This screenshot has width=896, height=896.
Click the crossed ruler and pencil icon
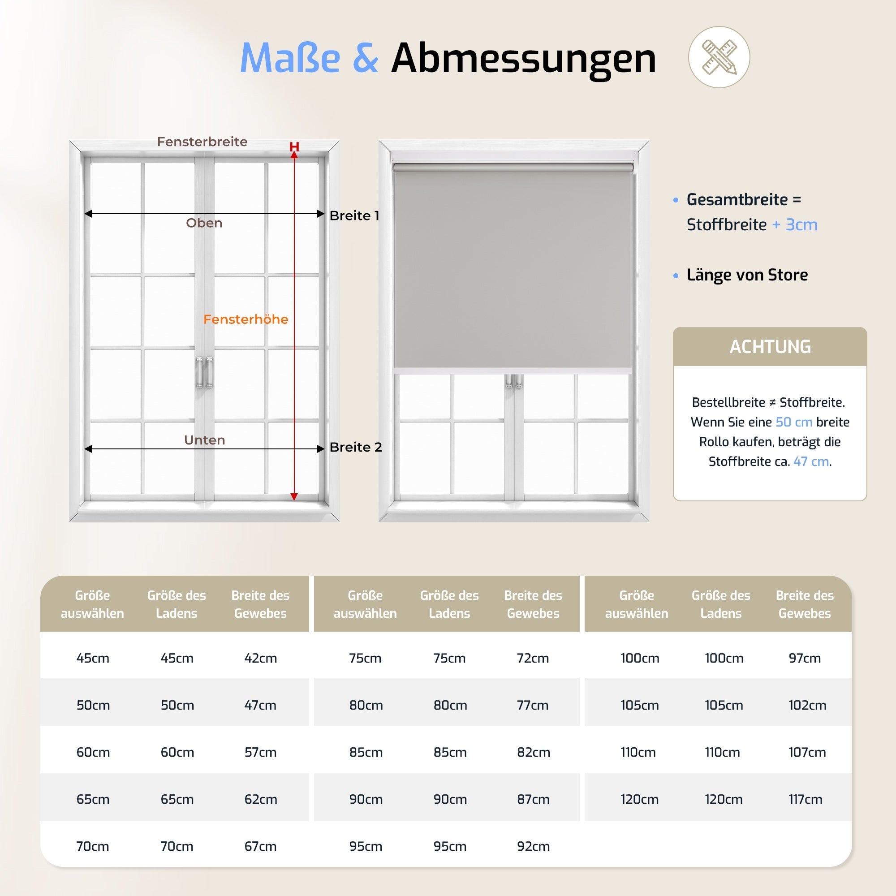pyautogui.click(x=719, y=57)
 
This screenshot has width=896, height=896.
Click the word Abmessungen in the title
pyautogui.click(x=524, y=58)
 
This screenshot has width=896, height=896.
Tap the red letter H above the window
pyautogui.click(x=294, y=146)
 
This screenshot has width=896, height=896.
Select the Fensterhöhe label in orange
pyautogui.click(x=246, y=319)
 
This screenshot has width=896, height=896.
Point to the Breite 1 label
pyautogui.click(x=354, y=215)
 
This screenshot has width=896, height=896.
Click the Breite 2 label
pyautogui.click(x=356, y=447)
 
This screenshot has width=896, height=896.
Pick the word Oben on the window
pyautogui.click(x=204, y=223)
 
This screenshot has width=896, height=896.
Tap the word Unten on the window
pyautogui.click(x=205, y=439)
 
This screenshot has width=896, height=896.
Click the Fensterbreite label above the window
pyautogui.click(x=202, y=142)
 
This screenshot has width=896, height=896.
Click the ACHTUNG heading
pyautogui.click(x=770, y=347)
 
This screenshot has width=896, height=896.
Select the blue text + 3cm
pyautogui.click(x=794, y=224)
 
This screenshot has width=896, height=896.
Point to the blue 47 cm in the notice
pyautogui.click(x=811, y=461)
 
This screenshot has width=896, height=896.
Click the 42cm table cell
pyautogui.click(x=261, y=658)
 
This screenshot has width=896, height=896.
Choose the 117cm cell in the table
pyautogui.click(x=806, y=799)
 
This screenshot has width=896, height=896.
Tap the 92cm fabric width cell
pyautogui.click(x=533, y=846)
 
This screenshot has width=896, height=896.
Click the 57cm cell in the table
pyautogui.click(x=261, y=752)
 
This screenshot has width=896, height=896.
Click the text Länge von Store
pyautogui.click(x=747, y=275)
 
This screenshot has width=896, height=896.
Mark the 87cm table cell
pyautogui.click(x=533, y=799)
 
